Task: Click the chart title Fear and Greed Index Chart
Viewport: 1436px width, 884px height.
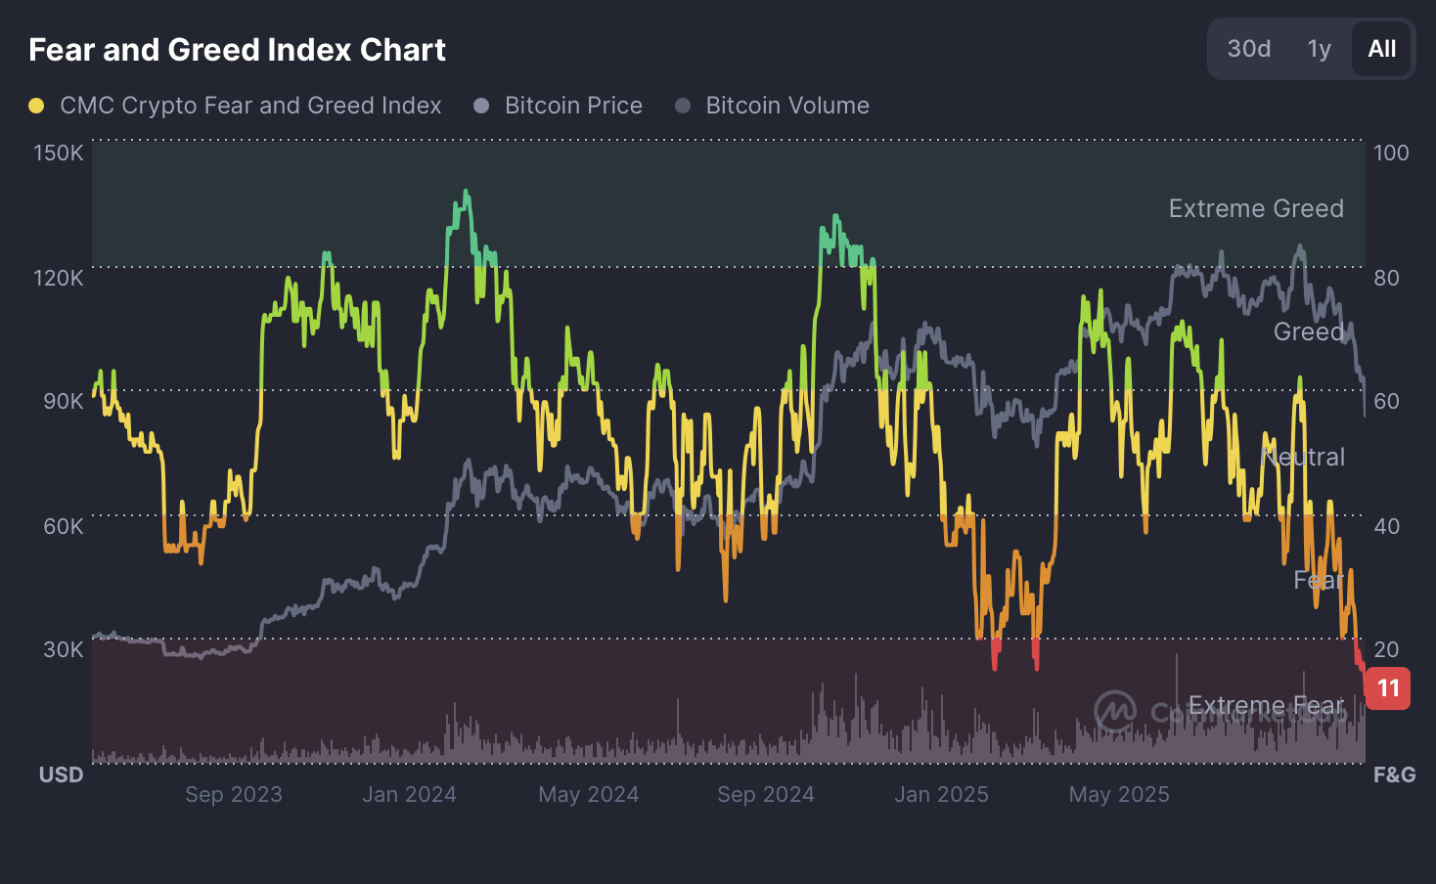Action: click(x=237, y=50)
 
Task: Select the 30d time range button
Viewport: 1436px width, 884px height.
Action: click(x=1248, y=49)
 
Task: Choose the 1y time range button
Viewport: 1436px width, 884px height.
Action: click(x=1319, y=49)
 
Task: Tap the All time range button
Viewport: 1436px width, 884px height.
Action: click(x=1381, y=49)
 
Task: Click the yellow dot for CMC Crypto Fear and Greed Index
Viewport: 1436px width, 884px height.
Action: click(x=36, y=106)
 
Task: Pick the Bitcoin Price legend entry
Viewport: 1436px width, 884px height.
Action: click(x=572, y=106)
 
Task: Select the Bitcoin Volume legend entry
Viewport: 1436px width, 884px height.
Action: click(x=786, y=106)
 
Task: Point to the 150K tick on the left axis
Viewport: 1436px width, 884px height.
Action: click(x=59, y=153)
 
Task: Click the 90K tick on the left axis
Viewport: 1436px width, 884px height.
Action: click(x=63, y=401)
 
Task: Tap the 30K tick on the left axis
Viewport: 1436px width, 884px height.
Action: click(x=63, y=649)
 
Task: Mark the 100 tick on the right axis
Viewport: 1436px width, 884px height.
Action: click(x=1391, y=153)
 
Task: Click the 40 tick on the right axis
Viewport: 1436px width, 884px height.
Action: click(x=1386, y=526)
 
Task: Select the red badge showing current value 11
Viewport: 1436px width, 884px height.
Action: click(x=1388, y=688)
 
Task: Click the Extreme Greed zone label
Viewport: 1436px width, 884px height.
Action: click(x=1256, y=208)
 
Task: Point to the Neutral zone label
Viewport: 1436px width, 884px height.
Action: click(x=1303, y=457)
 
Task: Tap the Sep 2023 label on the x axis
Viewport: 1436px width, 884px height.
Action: click(x=234, y=794)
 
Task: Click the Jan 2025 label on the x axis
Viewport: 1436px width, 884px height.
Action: click(x=941, y=794)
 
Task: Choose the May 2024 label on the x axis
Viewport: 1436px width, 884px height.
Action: click(x=588, y=794)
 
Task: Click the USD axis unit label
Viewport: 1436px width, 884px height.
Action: click(x=61, y=774)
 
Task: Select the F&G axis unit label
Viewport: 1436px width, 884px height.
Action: click(x=1394, y=774)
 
